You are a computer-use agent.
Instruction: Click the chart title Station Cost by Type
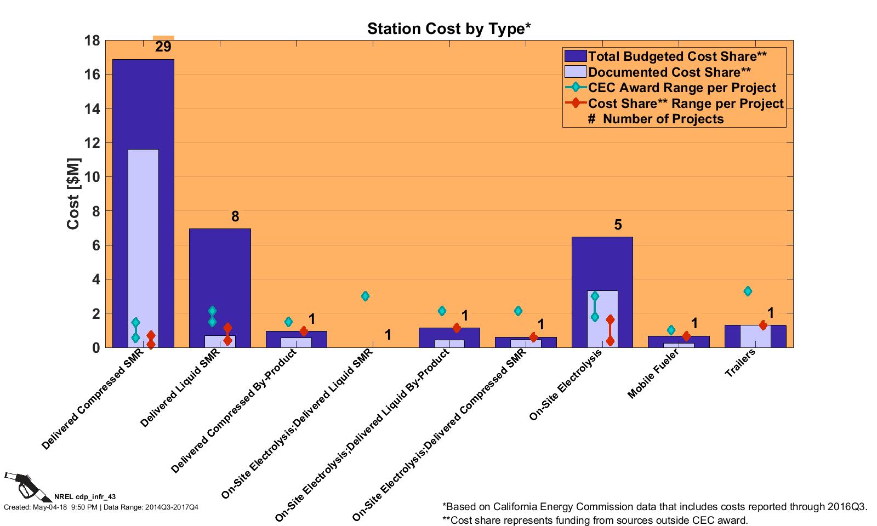[448, 28]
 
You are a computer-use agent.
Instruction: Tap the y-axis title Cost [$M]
[73, 194]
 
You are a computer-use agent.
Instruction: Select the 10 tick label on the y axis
[92, 177]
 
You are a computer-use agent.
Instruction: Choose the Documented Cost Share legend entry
[669, 72]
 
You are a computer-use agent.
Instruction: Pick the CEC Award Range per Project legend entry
[682, 88]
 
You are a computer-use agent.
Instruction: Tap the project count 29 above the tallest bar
[163, 47]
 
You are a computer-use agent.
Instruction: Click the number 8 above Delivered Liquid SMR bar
[235, 216]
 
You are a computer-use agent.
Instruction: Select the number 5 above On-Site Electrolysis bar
[618, 225]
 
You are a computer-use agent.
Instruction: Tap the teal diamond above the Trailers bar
[748, 291]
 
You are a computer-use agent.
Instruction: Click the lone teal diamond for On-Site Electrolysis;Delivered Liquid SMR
[365, 296]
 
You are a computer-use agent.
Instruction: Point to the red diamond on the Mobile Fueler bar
[686, 336]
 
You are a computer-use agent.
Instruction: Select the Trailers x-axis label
[740, 363]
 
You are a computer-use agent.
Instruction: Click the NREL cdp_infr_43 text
[85, 497]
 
